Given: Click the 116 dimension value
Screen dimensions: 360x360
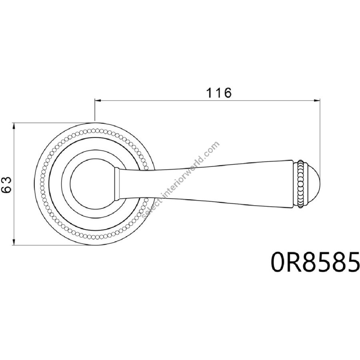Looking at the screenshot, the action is coord(219,93).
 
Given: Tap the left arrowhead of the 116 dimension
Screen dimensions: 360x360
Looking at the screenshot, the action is coord(98,100).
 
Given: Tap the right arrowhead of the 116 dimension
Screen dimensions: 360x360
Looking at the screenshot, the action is coord(317,100).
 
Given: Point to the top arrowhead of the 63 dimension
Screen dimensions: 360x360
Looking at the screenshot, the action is coord(14,126).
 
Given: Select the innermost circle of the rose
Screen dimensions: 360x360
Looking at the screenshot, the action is coord(70,184).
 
